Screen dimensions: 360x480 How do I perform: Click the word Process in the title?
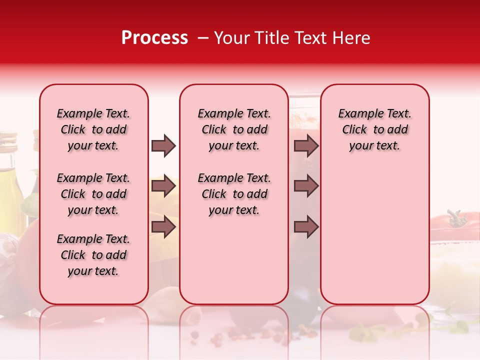point(154,38)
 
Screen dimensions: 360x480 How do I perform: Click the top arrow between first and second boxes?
point(163,146)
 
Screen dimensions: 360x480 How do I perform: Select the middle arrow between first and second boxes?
point(163,186)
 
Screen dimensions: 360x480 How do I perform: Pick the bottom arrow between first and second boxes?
point(163,226)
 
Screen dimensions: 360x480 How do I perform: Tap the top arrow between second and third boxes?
point(306,146)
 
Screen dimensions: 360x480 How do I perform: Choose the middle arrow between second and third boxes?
point(306,186)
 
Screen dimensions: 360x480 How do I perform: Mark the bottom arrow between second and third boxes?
point(306,226)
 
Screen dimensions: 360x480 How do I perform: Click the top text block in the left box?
point(93,129)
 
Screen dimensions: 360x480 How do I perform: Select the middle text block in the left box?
point(93,194)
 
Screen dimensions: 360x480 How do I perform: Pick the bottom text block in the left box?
point(93,255)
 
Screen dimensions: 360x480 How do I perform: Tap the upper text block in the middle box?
point(234,129)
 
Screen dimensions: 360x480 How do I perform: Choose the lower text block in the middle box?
point(234,194)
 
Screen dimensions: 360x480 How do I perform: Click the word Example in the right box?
point(356,114)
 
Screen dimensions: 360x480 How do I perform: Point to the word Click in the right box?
point(354,130)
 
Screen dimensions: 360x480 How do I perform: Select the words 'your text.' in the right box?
point(374,146)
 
